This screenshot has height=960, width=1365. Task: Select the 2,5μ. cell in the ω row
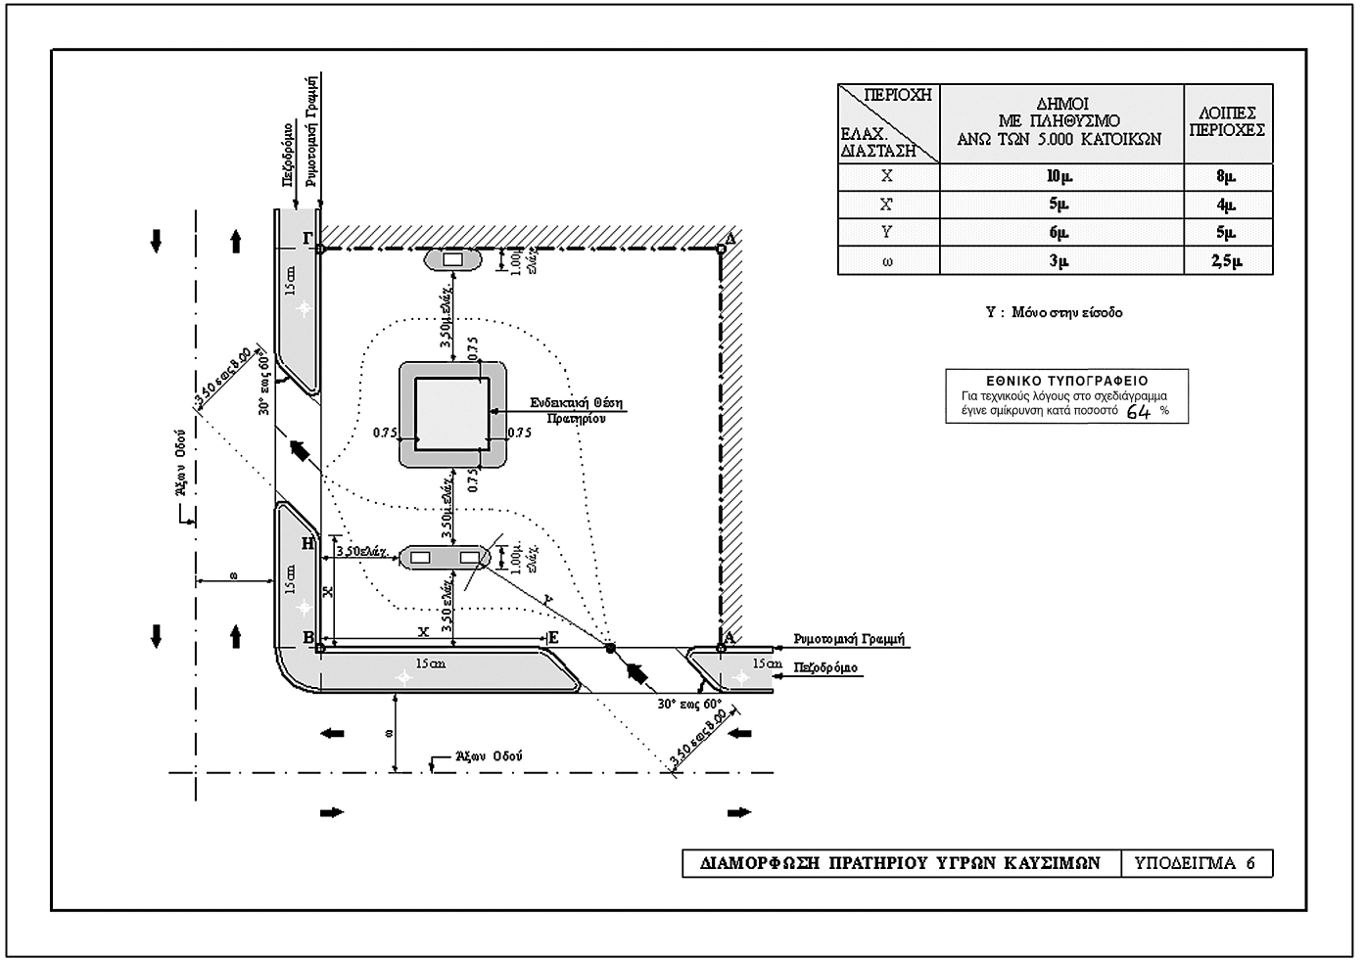pos(1228,260)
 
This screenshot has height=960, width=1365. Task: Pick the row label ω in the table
pos(887,260)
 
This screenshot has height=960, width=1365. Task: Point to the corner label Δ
pos(729,238)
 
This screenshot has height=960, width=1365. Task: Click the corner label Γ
pos(307,238)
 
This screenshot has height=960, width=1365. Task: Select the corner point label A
pos(730,636)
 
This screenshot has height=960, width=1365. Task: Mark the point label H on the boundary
pos(308,543)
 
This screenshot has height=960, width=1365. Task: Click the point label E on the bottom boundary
pos(553,638)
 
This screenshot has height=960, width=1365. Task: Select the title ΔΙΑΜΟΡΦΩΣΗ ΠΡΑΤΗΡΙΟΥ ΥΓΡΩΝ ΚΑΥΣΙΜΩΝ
pos(901,863)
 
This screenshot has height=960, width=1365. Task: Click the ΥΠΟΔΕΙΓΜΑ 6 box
pos(1195,863)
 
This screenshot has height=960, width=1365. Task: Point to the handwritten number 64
pos(1139,412)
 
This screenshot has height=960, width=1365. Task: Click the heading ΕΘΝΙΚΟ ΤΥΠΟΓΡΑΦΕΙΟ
pos(1066,381)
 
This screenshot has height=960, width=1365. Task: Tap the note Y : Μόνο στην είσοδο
pos(1054,313)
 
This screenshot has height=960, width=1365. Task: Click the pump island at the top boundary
pos(452,261)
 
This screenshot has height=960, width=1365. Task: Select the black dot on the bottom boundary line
pos(610,648)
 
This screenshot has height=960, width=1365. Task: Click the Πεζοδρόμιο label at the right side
pos(825,668)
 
